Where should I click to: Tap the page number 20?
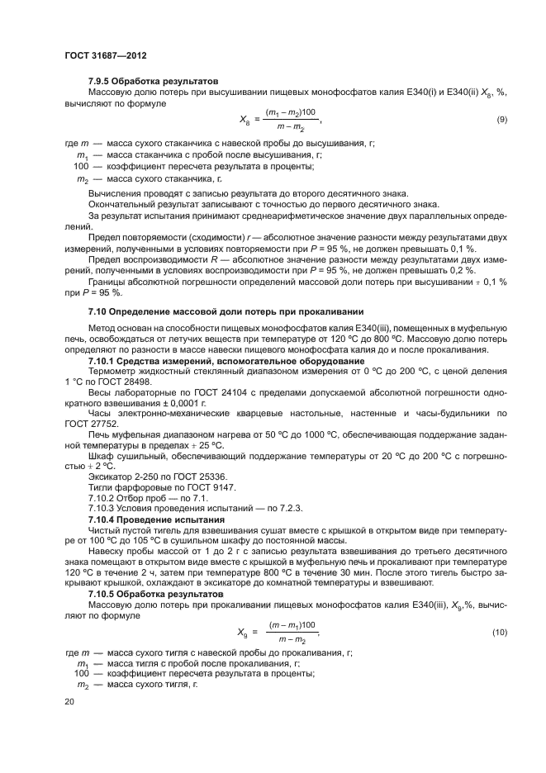69,701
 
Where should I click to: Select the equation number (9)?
501,121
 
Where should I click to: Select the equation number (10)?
498,633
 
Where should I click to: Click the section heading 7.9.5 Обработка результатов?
153,82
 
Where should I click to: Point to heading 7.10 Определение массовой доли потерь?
226,311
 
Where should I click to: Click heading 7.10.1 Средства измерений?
221,361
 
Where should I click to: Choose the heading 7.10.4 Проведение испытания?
156,520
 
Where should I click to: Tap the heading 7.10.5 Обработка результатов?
155,594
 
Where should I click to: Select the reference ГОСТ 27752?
89,424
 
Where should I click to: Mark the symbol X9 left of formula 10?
243,633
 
